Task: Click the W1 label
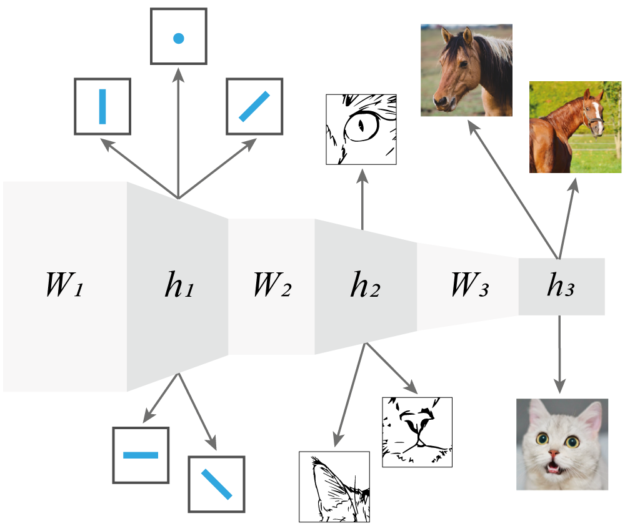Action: (x=64, y=286)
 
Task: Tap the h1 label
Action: (x=178, y=286)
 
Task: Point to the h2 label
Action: (x=365, y=286)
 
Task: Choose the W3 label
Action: (x=469, y=286)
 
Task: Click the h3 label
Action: (x=560, y=286)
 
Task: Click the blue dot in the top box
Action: (x=178, y=38)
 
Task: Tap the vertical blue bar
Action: (x=102, y=106)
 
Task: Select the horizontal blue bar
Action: (x=141, y=455)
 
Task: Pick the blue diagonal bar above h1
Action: (x=254, y=106)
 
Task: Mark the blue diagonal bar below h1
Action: (x=216, y=484)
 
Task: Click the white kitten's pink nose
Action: (x=554, y=452)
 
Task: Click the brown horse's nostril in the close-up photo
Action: (x=441, y=99)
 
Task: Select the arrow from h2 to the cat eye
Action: (x=362, y=200)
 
